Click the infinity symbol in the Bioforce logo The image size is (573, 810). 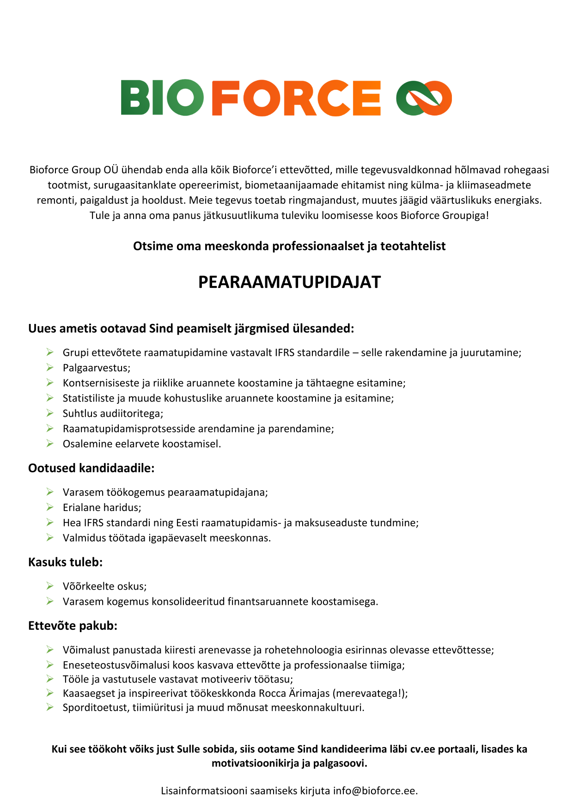coord(424,98)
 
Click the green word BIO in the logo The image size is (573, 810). coord(162,98)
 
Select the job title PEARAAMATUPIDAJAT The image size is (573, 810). coord(289,282)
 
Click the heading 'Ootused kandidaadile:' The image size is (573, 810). coord(91,468)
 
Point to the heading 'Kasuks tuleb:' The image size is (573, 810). coord(66,562)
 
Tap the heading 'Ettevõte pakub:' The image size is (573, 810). coord(73,626)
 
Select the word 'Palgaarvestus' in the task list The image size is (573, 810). coord(96,368)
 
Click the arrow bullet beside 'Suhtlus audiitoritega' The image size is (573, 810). coord(50,413)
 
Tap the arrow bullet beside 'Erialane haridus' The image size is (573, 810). coord(50,507)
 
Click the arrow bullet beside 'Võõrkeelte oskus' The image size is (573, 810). coord(50,586)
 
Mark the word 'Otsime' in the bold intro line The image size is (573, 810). coord(150,246)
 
